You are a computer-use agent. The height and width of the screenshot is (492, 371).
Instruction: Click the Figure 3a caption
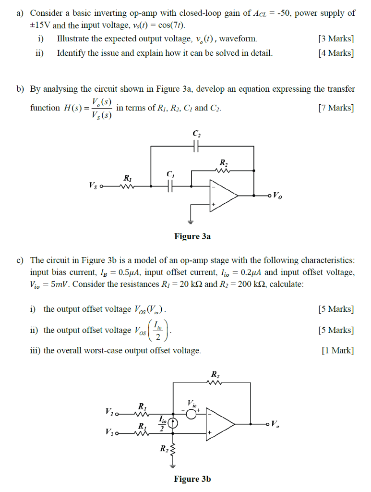point(192,236)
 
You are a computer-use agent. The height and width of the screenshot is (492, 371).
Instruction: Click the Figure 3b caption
point(192,479)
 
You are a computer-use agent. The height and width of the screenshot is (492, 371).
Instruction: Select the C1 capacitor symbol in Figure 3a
point(170,187)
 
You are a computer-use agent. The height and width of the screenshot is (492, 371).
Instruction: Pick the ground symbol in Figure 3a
point(191,221)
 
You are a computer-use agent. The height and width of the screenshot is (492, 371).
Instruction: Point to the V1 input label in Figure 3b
point(109,412)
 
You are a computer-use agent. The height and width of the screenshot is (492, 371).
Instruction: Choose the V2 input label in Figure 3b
point(109,433)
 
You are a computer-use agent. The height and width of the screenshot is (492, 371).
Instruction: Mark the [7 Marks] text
point(335,108)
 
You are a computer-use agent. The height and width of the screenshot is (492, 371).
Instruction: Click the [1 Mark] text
point(338,351)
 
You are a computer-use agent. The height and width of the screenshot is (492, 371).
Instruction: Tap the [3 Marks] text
point(335,38)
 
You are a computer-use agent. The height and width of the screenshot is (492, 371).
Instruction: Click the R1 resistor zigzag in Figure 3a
point(128,187)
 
